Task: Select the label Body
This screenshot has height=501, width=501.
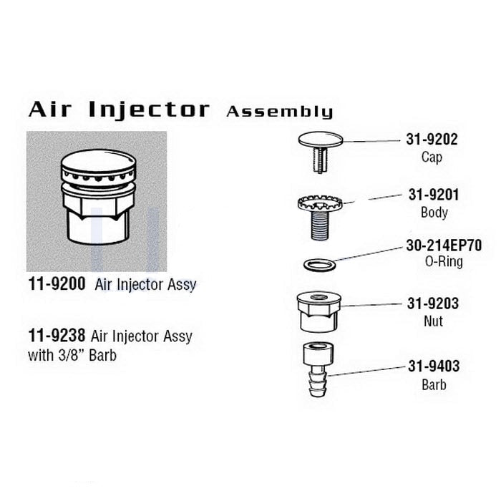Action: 434,213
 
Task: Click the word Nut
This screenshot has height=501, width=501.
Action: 434,321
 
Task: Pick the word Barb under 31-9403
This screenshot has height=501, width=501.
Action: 434,385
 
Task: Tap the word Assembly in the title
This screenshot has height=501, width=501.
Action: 279,112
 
